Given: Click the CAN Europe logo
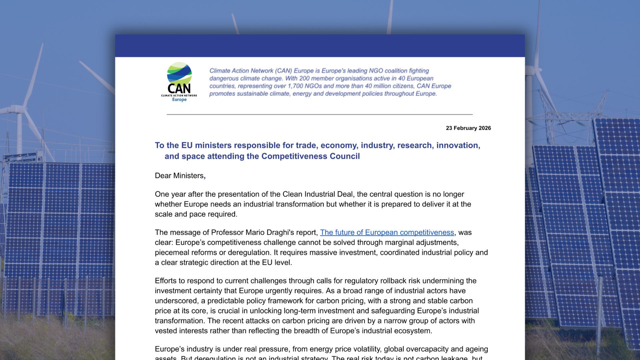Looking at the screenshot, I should [x=179, y=82].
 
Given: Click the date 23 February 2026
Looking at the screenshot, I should [x=468, y=128].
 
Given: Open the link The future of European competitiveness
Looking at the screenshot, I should [x=387, y=233].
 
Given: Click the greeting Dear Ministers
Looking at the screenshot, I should [x=179, y=176].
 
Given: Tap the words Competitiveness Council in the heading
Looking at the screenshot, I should [x=310, y=156].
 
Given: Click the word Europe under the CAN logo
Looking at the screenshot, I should [x=179, y=100].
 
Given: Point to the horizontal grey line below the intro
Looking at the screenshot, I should [x=319, y=114].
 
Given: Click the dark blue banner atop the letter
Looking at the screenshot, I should [x=319, y=46].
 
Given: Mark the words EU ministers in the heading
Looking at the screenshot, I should [x=206, y=146].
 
